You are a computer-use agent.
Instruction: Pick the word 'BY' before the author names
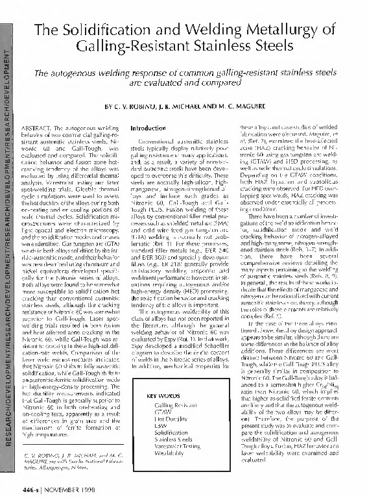(108, 105)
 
